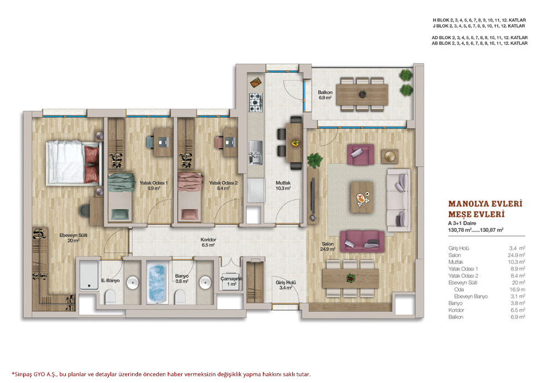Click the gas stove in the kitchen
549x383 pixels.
pyautogui.click(x=256, y=103)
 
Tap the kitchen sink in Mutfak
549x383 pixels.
pyautogui.click(x=256, y=152)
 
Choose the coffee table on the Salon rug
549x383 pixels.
pyautogui.click(x=362, y=197)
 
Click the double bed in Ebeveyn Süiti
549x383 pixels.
pyautogui.click(x=74, y=162)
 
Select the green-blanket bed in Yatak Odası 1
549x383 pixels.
pyautogui.click(x=121, y=196)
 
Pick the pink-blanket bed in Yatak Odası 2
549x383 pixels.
pyautogui.click(x=190, y=196)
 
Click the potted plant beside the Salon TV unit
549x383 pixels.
pyautogui.click(x=314, y=160)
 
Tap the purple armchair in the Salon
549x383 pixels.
pyautogui.click(x=360, y=155)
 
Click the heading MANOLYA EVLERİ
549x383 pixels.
pyautogui.click(x=485, y=204)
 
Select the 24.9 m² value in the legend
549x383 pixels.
pyautogui.click(x=516, y=255)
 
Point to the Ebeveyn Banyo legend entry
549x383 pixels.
pyautogui.click(x=471, y=296)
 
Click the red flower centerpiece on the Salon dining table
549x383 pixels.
pyautogui.click(x=351, y=278)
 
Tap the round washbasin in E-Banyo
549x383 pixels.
pyautogui.click(x=133, y=283)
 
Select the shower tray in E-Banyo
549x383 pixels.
pyautogui.click(x=89, y=275)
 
